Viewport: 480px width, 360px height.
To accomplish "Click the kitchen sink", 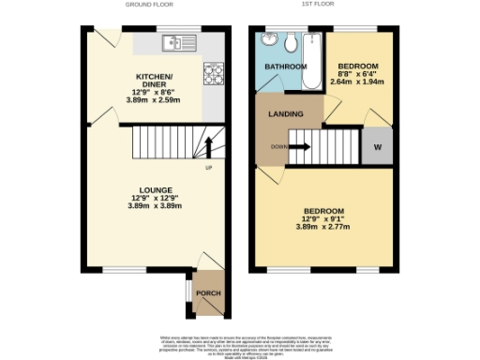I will coord(172,42).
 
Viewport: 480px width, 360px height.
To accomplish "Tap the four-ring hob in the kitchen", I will coord(214,71).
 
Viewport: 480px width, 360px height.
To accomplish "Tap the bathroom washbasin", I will coord(270,40).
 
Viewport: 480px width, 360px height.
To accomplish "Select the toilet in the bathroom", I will coord(291,41).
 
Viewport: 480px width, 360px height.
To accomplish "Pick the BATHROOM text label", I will coord(285,67).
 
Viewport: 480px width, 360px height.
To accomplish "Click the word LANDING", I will coord(286,114).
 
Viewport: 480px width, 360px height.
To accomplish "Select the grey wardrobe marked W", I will coord(378,147).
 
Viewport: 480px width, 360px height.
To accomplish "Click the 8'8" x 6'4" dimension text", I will coord(356,74).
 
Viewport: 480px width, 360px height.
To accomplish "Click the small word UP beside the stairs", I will coord(208,169).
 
